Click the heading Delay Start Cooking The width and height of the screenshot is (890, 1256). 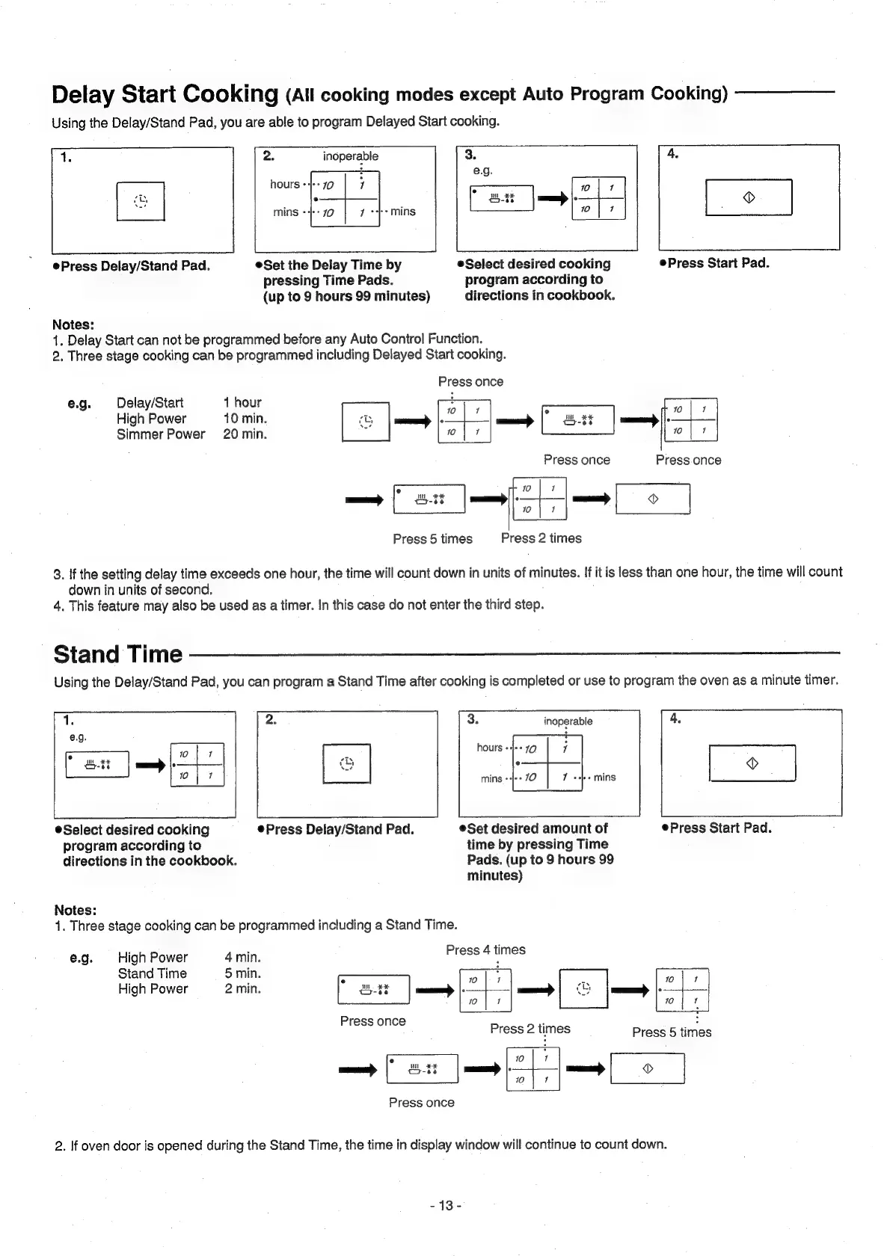point(165,94)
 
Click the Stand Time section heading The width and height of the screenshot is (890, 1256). point(118,654)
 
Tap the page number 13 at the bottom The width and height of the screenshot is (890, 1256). point(446,1205)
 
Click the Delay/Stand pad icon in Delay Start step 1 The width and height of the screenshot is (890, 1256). point(141,200)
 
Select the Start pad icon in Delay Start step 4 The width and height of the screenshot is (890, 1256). point(749,197)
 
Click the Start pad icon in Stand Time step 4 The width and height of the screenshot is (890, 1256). point(752,763)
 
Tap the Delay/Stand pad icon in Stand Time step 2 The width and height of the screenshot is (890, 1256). point(346,763)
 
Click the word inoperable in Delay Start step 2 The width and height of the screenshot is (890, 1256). point(350,156)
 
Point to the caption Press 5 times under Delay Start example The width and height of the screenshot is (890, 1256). point(432,538)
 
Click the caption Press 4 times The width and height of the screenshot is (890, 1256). point(485,949)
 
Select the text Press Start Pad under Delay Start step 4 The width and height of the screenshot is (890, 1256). point(718,263)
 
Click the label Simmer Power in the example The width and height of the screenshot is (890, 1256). point(160,434)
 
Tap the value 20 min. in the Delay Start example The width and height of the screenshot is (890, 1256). point(245,434)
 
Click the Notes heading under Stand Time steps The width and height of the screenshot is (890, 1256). point(76,910)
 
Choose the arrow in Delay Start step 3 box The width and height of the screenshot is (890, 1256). point(552,199)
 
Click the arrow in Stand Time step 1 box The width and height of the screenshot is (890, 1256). point(150,766)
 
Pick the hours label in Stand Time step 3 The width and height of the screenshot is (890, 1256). point(489,748)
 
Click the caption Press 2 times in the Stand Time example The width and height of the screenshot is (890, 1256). point(530,1029)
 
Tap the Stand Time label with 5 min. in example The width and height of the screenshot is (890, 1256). point(152,973)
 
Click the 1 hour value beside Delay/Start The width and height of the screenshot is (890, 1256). point(242,402)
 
